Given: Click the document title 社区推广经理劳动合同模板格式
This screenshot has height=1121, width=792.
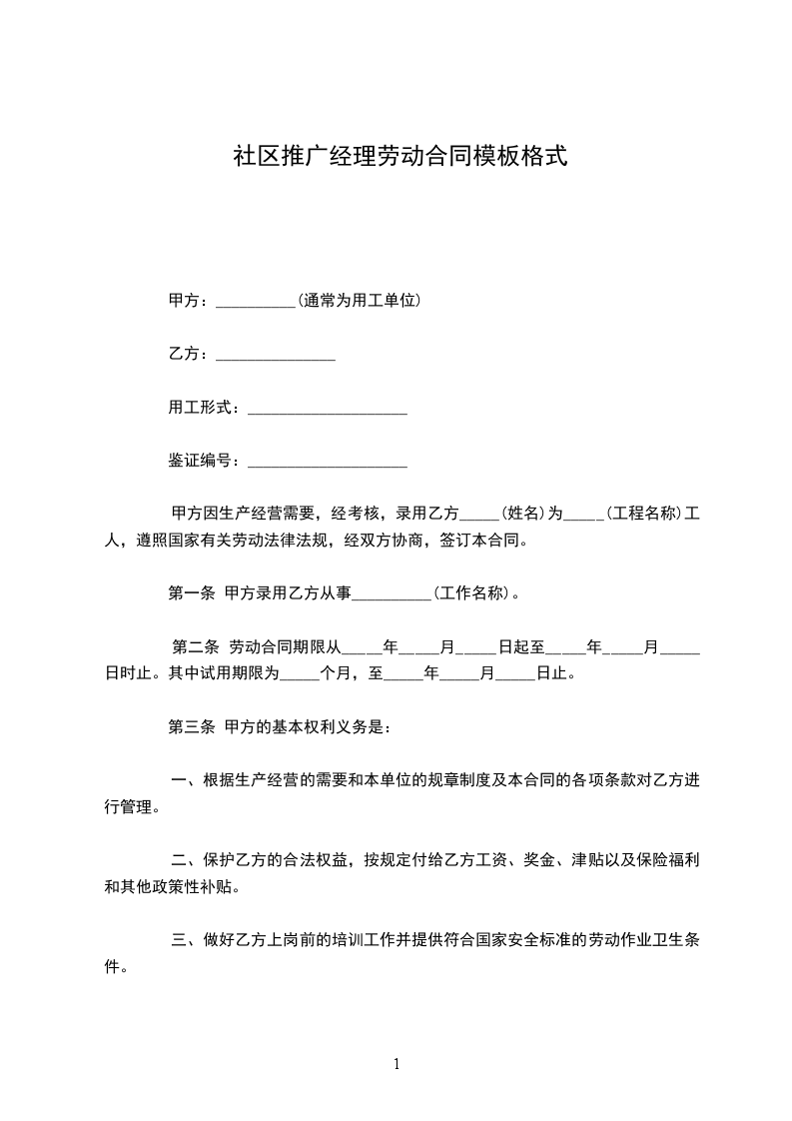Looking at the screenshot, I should (399, 157).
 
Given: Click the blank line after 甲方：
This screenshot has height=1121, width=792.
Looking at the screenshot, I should (255, 301).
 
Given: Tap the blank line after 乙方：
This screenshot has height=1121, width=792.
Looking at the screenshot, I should (275, 355).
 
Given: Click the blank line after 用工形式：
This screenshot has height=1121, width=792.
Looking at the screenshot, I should (327, 409).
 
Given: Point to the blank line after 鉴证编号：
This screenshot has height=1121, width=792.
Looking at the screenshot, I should (327, 463).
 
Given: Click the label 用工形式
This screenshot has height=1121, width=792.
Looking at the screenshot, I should (199, 408).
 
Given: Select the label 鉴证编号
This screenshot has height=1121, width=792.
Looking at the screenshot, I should (199, 462).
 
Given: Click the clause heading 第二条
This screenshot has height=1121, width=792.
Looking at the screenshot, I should (195, 647).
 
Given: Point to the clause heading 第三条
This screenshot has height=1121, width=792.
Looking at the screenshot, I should (191, 727).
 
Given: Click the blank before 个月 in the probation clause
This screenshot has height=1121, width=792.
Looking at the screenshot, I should (297, 674).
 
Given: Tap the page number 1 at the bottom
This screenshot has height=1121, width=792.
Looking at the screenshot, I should (396, 1065).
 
